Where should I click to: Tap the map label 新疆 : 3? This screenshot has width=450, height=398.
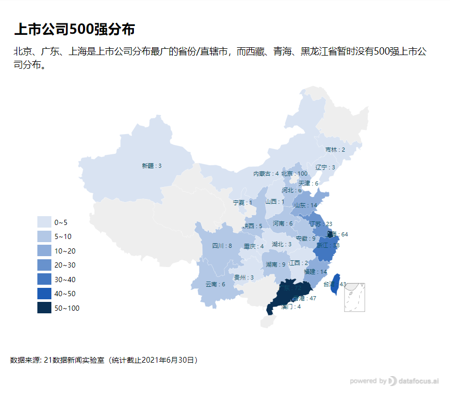coord(152,166)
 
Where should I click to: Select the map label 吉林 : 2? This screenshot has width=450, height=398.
coord(335,150)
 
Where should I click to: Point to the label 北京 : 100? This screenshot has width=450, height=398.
coord(294,174)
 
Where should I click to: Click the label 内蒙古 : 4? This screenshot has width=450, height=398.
coord(266,174)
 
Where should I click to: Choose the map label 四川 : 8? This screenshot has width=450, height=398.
coord(222,246)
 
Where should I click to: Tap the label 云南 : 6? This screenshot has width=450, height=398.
coord(215,284)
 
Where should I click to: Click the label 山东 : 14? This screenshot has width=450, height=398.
coord(306,205)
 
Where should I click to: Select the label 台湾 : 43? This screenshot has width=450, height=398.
coord(335,284)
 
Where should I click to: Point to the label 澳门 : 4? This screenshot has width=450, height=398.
coord(291,307)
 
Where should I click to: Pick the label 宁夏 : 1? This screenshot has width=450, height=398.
coord(242,203)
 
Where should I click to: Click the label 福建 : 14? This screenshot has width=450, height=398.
coord(316,272)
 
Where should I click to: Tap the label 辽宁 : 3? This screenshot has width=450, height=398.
coord(325,167)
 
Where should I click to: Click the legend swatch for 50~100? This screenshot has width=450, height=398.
coord(44,308)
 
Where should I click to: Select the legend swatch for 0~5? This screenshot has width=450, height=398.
coord(44,222)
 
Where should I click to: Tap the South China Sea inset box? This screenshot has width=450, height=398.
coord(354,297)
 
